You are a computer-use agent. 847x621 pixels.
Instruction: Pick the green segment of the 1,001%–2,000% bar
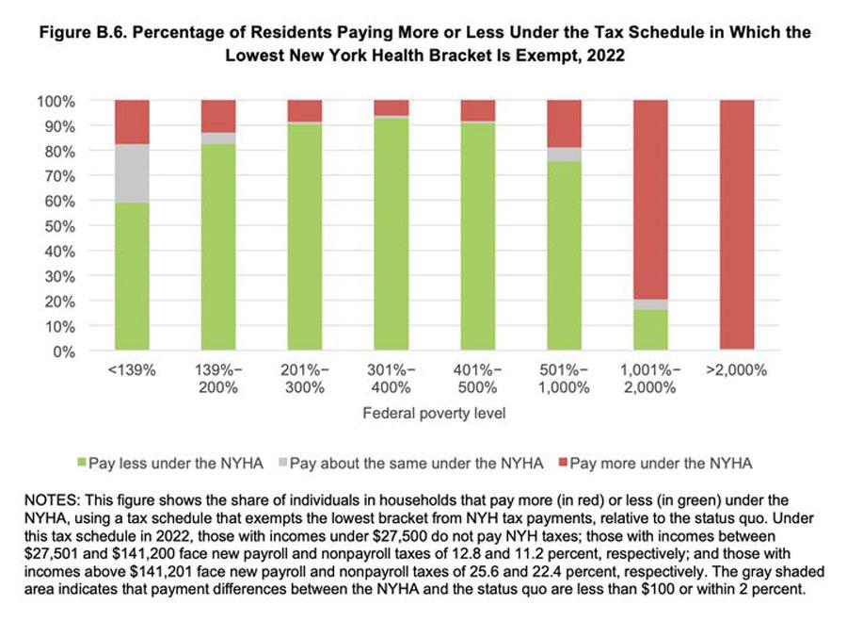click(x=648, y=330)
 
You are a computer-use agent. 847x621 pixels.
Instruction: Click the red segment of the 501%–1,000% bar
click(x=563, y=123)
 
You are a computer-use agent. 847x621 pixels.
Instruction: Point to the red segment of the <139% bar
click(x=132, y=122)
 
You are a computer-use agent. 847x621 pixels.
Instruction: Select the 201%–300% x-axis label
click(x=304, y=378)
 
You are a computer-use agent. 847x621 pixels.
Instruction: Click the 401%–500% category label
click(x=476, y=378)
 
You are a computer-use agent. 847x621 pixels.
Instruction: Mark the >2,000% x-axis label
click(x=734, y=370)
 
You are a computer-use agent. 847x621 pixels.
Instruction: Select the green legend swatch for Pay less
click(x=81, y=463)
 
